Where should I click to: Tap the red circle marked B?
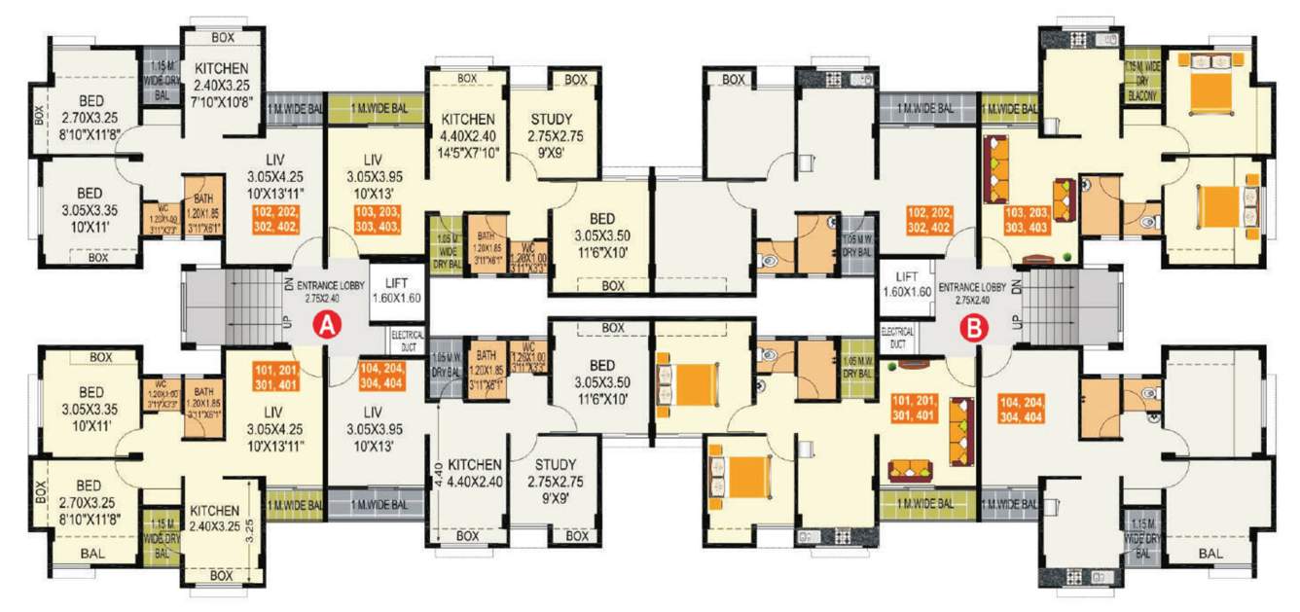(972, 328)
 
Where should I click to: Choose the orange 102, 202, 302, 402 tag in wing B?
(928, 219)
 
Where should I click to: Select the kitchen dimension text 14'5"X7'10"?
(467, 152)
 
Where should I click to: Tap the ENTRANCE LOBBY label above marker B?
(973, 288)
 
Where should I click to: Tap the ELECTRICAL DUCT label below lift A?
(407, 340)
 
